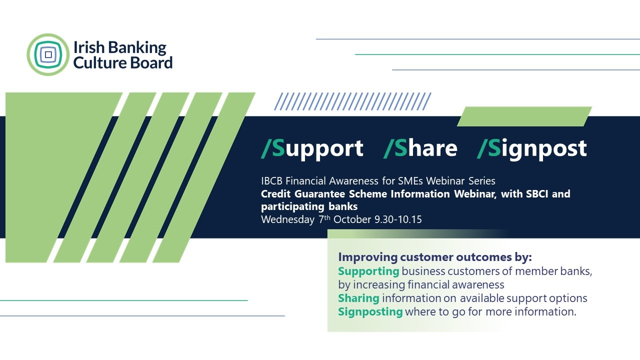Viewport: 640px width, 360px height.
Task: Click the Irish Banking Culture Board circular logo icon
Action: tap(48, 54)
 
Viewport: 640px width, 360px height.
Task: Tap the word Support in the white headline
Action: tap(312, 148)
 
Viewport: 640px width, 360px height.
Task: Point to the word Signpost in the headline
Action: tap(532, 148)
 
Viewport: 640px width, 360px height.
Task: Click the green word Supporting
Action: tap(368, 271)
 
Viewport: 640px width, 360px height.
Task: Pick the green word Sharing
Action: tap(358, 298)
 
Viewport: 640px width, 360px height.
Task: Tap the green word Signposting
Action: tap(370, 311)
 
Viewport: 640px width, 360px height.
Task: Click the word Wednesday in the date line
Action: tap(287, 219)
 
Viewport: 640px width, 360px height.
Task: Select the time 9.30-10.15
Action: tap(398, 219)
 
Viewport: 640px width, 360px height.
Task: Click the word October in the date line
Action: tap(352, 219)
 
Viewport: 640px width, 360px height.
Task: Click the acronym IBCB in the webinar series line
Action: tap(271, 181)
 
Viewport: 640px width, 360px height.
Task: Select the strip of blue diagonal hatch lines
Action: tap(352, 101)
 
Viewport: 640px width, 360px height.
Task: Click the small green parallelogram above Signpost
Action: tap(524, 116)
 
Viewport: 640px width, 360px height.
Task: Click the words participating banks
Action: tap(309, 206)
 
